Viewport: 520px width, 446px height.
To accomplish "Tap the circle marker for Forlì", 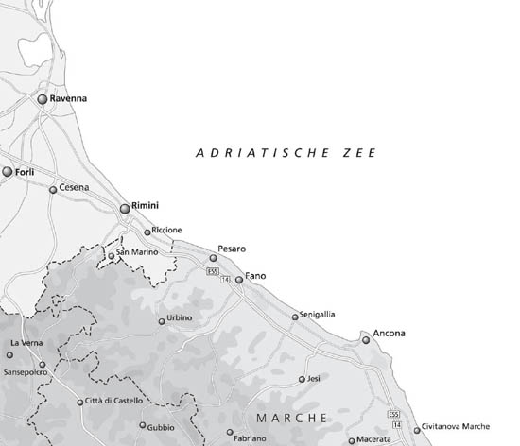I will pyautogui.click(x=8, y=172).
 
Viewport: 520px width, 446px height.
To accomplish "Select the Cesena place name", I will pyautogui.click(x=74, y=187).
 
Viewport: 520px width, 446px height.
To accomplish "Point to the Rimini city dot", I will pyautogui.click(x=125, y=208).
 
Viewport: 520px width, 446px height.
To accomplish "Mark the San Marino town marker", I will pyautogui.click(x=111, y=255).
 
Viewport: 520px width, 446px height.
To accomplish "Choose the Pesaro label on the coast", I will pyautogui.click(x=232, y=248).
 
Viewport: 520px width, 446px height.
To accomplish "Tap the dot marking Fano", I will pyautogui.click(x=238, y=280).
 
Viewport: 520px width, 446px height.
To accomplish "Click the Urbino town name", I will pyautogui.click(x=180, y=318).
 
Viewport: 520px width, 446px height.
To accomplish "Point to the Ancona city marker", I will pyautogui.click(x=366, y=340).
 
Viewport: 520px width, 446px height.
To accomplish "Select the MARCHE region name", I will pyautogui.click(x=292, y=417).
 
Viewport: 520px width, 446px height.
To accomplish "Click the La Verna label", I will pyautogui.click(x=26, y=342).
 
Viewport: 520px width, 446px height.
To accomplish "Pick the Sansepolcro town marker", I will pyautogui.click(x=42, y=364).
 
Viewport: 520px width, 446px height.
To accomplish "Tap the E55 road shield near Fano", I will pyautogui.click(x=214, y=271).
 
